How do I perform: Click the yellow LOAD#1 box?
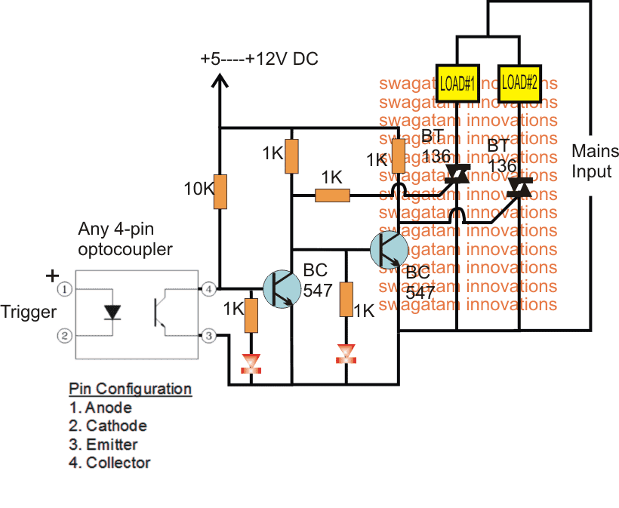click(x=457, y=82)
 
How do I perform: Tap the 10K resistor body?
click(x=220, y=192)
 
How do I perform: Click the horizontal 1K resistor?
click(x=332, y=196)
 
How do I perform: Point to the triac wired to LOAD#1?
click(x=457, y=174)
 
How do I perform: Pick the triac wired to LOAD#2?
click(x=519, y=186)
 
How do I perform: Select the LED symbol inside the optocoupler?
click(x=113, y=312)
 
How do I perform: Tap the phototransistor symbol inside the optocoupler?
click(x=160, y=312)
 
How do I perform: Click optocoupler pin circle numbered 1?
click(x=66, y=288)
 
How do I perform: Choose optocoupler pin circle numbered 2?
click(x=66, y=335)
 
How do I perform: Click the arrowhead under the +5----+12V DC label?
click(x=220, y=82)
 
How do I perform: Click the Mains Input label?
click(x=591, y=161)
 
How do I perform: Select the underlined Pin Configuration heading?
click(x=130, y=389)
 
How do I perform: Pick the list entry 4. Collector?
click(x=110, y=463)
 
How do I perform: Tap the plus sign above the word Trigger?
click(x=52, y=276)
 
